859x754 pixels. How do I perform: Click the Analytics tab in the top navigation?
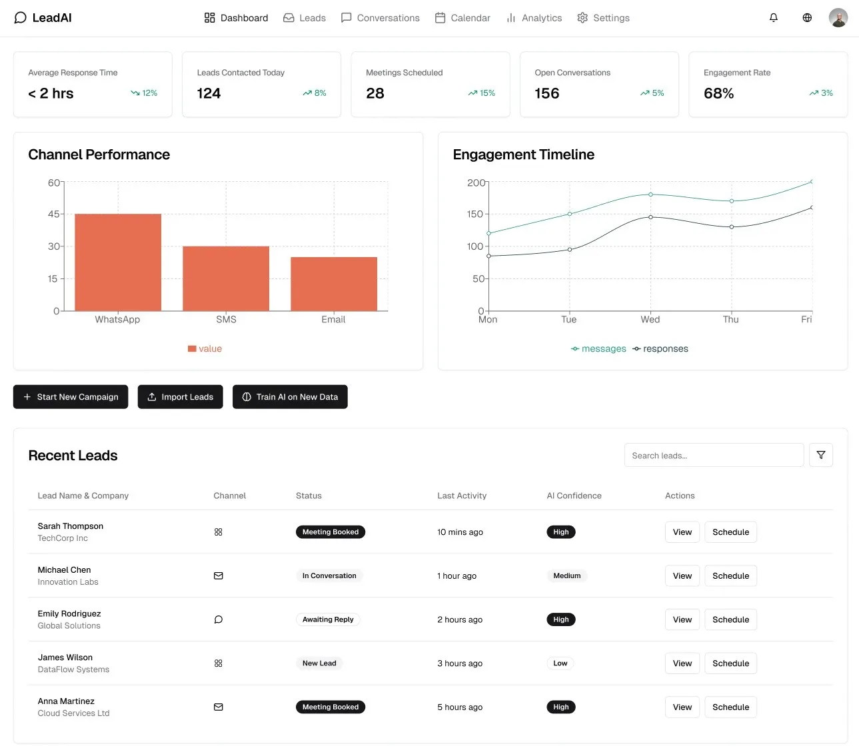point(534,18)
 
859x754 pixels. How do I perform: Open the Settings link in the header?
point(603,18)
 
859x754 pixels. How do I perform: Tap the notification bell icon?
point(773,18)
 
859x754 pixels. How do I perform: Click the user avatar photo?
point(838,18)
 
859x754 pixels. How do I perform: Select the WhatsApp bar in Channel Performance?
point(118,262)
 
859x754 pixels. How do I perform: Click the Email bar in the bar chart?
point(334,284)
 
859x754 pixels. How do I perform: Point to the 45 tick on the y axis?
point(53,214)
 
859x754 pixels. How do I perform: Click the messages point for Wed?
point(650,194)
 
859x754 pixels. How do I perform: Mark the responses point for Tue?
point(569,250)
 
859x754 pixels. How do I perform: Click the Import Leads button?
point(180,397)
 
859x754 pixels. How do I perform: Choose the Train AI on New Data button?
point(290,397)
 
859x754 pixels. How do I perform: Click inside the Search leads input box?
point(713,456)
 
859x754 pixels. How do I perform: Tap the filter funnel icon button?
point(820,456)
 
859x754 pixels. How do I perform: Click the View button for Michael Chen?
point(682,576)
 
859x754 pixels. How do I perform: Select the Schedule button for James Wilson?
point(730,663)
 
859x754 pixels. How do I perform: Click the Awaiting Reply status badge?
point(328,619)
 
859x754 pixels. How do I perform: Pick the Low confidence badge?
point(560,663)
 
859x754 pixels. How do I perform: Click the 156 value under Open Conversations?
point(546,93)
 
